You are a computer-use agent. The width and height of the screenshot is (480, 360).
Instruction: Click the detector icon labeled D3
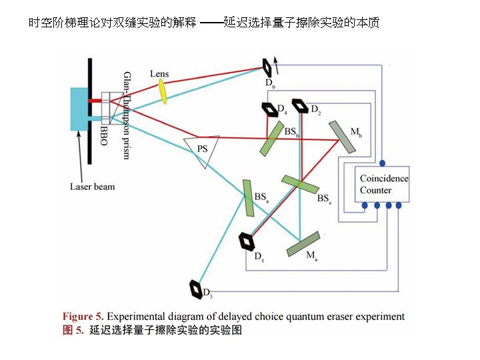coord(198,288)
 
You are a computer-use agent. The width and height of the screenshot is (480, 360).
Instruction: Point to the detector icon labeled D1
coord(247,241)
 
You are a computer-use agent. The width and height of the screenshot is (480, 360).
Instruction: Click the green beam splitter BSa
coord(249,198)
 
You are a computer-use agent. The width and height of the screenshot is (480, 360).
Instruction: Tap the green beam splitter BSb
coord(273,139)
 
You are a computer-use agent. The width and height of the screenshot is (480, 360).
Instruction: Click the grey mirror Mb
coord(341,137)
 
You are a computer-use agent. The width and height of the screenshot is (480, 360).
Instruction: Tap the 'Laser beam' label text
coord(92,187)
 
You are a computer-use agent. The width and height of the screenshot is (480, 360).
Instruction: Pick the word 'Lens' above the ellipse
coord(159,73)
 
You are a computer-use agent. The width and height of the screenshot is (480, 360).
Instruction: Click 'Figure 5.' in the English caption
coord(83,316)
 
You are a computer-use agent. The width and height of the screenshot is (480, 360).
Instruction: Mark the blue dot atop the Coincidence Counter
coord(382,163)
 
